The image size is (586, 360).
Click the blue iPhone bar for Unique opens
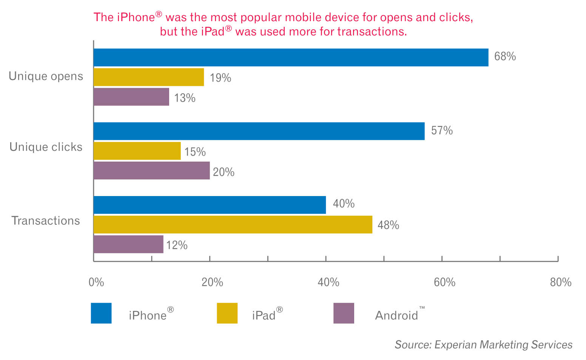(x=291, y=57)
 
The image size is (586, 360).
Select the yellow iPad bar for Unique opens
(x=149, y=77)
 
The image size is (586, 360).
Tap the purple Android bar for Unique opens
(x=131, y=97)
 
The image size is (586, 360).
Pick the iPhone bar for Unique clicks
(x=259, y=131)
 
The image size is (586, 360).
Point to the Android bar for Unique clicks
(x=151, y=170)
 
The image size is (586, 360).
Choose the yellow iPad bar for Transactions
(x=233, y=224)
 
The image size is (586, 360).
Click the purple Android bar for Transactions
(x=128, y=244)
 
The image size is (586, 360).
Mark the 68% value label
(x=505, y=57)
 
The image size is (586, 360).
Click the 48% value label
(x=388, y=225)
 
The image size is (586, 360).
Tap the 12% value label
(x=177, y=246)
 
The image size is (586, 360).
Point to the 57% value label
(x=442, y=131)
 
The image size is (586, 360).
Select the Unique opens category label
(x=46, y=76)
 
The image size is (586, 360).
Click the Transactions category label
(x=46, y=221)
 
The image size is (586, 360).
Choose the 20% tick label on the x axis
(x=212, y=282)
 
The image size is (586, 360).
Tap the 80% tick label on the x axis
(x=561, y=282)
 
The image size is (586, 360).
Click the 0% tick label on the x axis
(x=96, y=282)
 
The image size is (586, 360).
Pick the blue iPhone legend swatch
(x=101, y=313)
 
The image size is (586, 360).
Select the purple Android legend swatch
(x=344, y=313)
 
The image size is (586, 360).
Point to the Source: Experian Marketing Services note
(x=483, y=345)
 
